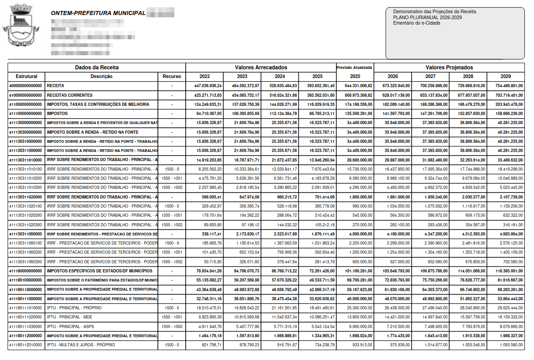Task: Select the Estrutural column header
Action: (x=26, y=76)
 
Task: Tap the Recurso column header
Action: (x=172, y=76)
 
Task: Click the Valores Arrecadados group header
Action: (x=261, y=67)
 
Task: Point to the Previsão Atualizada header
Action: (x=355, y=67)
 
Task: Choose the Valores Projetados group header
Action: (x=449, y=67)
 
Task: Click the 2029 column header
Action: (x=505, y=76)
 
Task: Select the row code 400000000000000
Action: (x=26, y=86)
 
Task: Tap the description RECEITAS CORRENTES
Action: (x=69, y=95)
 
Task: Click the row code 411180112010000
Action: (x=26, y=344)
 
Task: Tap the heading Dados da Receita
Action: (x=97, y=67)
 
